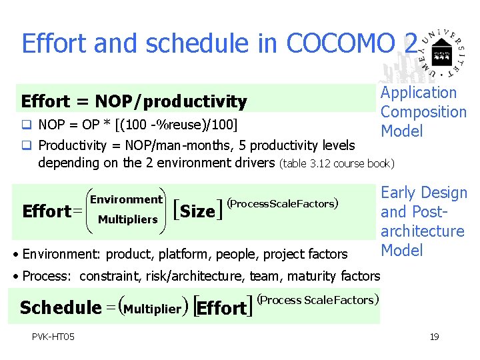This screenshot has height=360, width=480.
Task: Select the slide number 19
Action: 434,337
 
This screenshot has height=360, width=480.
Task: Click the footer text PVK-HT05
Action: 53,336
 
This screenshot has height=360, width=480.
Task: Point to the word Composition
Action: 423,112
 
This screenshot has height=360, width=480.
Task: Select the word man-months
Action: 178,145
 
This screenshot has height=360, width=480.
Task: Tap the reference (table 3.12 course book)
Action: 337,163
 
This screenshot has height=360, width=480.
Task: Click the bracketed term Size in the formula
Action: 197,212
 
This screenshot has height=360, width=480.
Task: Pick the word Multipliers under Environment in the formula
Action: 127,219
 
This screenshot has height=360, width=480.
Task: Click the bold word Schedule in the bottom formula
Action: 60,308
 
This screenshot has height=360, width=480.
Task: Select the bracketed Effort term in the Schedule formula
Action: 222,309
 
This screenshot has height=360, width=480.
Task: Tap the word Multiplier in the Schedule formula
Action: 153,309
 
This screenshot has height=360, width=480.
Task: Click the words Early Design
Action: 424,193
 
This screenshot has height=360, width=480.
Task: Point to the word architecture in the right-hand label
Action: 422,231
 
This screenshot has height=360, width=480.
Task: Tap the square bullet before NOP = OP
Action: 26,125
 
